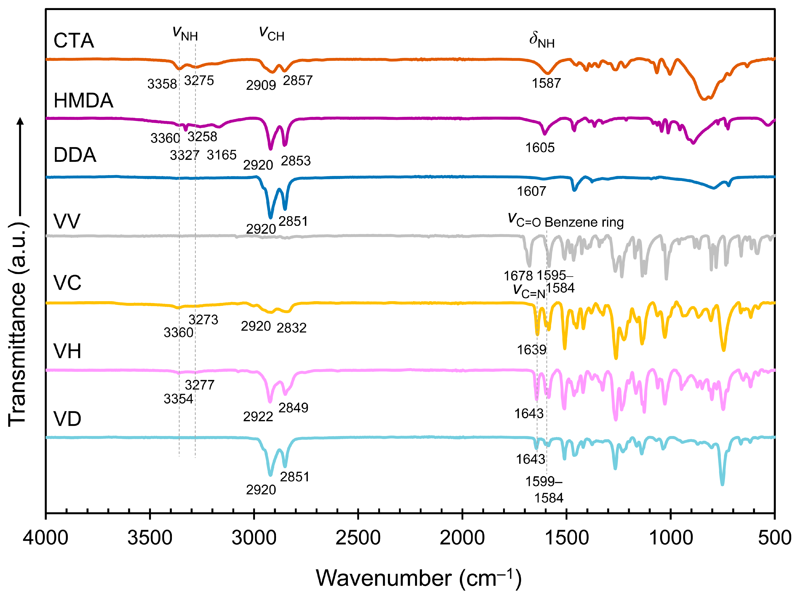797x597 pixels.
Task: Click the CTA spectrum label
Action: click(x=74, y=40)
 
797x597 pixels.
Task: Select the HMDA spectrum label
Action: click(x=83, y=101)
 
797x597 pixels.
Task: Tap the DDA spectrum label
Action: click(x=75, y=155)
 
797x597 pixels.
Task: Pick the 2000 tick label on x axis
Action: click(x=462, y=538)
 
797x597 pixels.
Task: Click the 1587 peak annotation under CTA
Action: click(x=546, y=83)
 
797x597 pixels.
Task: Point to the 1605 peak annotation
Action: click(x=540, y=148)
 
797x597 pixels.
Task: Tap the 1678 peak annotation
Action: click(x=518, y=276)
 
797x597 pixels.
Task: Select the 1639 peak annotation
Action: click(x=532, y=350)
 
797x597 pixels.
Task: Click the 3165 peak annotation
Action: click(x=222, y=155)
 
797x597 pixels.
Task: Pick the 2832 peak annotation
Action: click(x=292, y=328)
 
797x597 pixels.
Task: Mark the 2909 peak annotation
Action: click(x=261, y=85)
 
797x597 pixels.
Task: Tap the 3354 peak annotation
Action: click(x=178, y=399)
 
